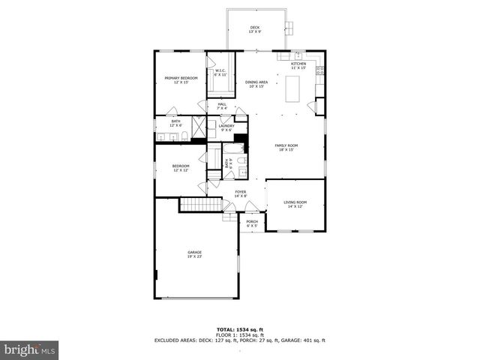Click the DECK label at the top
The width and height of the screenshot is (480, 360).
[255, 29]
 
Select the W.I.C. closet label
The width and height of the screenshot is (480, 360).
[220, 73]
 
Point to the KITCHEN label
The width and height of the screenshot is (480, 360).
[298, 66]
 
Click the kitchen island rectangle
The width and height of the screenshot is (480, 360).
[292, 88]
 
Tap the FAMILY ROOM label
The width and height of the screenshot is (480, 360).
[286, 148]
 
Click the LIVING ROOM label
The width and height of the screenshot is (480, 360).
[295, 204]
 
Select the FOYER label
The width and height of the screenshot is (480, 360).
[240, 193]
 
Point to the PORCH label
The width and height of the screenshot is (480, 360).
[252, 223]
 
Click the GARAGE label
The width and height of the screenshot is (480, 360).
[194, 254]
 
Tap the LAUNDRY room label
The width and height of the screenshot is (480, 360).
[226, 127]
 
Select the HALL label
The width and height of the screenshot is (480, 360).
[222, 106]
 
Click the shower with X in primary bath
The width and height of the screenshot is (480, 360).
[198, 127]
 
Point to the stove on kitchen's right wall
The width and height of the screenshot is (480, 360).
[320, 71]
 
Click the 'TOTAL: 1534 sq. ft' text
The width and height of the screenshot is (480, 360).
[240, 329]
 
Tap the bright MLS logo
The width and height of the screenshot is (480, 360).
[30, 349]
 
